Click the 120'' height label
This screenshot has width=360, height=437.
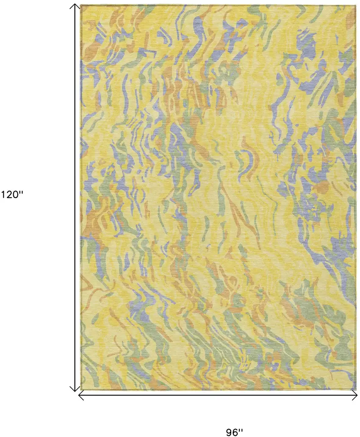pyautogui.click(x=13, y=195)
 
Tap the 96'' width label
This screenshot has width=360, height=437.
pyautogui.click(x=234, y=432)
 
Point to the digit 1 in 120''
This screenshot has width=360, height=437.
pyautogui.click(x=3, y=195)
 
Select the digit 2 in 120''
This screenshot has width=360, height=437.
pyautogui.click(x=10, y=195)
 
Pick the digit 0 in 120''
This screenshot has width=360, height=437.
pyautogui.click(x=17, y=195)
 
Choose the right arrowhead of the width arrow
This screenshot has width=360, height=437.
pyautogui.click(x=356, y=396)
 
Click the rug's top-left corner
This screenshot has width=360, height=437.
pyautogui.click(x=81, y=5)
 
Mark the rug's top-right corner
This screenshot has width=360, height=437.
pyautogui.click(x=355, y=5)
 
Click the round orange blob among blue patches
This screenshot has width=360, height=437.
pyautogui.click(x=322, y=187)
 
